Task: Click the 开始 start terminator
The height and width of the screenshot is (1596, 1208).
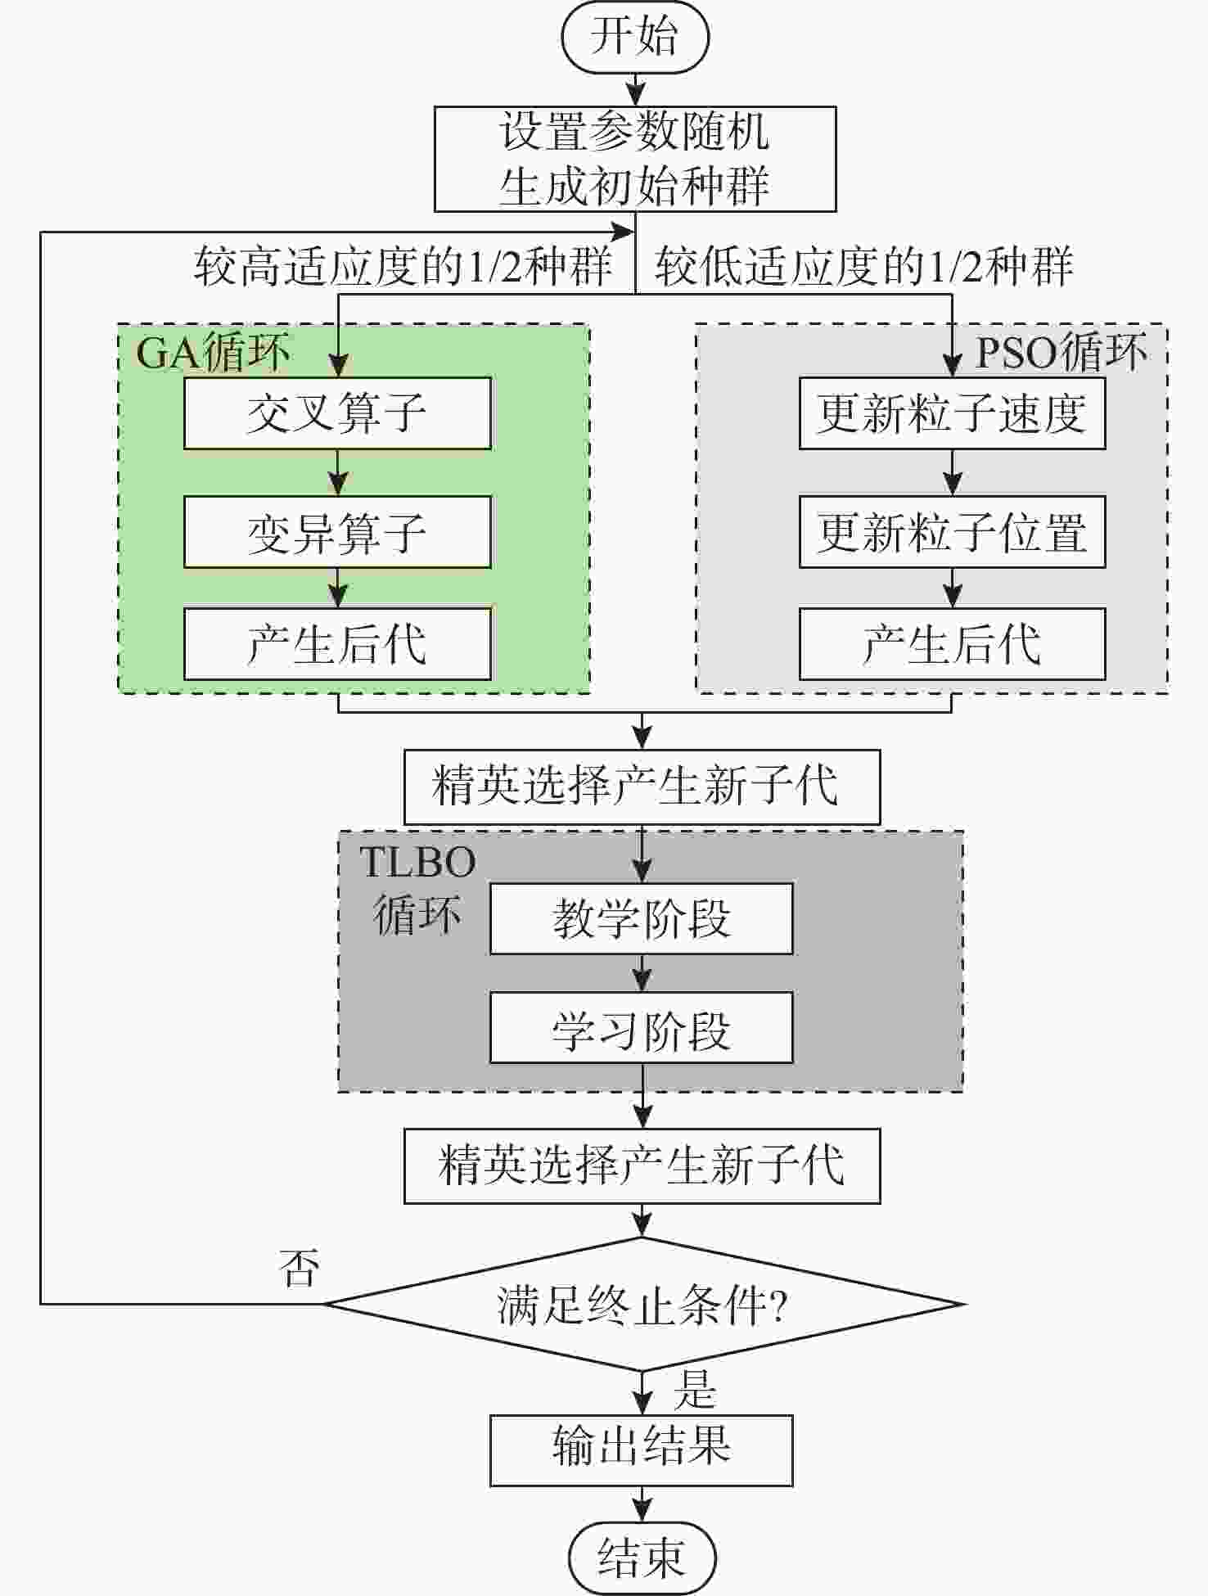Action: click(634, 38)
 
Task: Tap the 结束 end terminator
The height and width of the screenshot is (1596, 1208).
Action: click(642, 1558)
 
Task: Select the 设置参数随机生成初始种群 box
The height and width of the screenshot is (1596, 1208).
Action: click(634, 159)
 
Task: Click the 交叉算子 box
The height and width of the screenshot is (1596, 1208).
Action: click(337, 413)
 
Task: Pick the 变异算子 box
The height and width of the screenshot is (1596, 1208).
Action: click(337, 532)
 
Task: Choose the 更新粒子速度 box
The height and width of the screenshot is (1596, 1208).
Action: click(952, 413)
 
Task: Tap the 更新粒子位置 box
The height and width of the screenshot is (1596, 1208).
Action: click(952, 532)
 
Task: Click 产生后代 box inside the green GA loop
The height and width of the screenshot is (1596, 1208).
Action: click(337, 644)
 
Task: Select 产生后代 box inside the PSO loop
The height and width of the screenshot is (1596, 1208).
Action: click(952, 644)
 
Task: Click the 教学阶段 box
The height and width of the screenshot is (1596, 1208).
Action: click(641, 918)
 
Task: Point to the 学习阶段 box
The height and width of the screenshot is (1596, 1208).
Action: click(641, 1029)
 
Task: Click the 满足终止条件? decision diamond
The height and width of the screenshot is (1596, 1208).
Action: click(642, 1304)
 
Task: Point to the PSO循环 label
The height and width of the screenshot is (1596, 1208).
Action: click(1061, 353)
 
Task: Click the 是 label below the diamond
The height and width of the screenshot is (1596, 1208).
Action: click(694, 1390)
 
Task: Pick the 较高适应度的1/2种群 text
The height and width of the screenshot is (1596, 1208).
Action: click(403, 267)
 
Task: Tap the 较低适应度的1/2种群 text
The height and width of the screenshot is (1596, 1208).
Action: click(863, 267)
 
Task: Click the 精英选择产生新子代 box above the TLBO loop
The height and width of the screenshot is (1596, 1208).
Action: click(642, 787)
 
